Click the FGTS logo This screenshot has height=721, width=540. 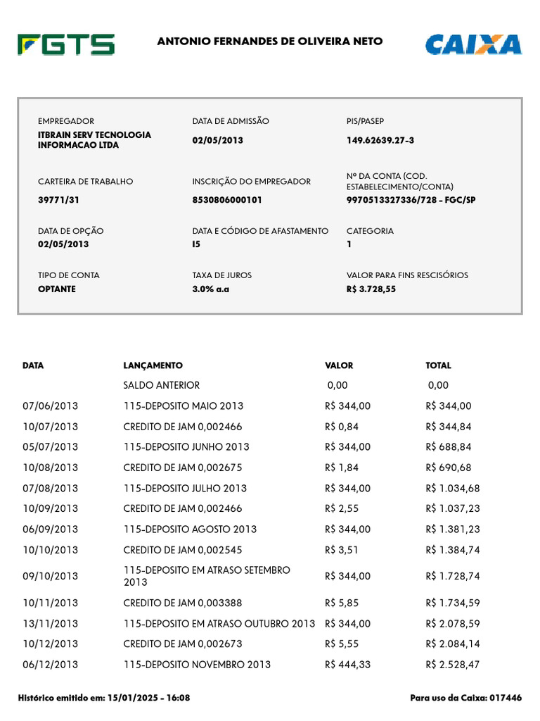[66, 44]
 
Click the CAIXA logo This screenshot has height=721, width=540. [473, 44]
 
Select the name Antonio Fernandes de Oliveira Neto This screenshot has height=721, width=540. [270, 42]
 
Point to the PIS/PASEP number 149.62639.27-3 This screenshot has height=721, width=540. [380, 140]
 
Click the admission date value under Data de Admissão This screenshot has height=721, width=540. [217, 140]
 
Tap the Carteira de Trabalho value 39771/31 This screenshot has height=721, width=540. [58, 200]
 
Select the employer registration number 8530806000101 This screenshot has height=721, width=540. [227, 200]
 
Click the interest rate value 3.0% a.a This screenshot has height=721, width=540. [211, 289]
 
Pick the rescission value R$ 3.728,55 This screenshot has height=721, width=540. [371, 289]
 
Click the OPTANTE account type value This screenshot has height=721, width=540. [57, 289]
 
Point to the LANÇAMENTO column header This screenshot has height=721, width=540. [153, 365]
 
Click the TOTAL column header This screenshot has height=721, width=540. [438, 365]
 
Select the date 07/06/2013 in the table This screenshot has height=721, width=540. [50, 406]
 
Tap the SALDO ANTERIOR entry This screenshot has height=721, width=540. [161, 385]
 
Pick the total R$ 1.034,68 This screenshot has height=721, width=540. [452, 488]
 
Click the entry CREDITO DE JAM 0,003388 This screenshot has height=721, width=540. [186, 603]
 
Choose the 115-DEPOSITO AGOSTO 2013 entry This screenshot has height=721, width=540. [190, 529]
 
